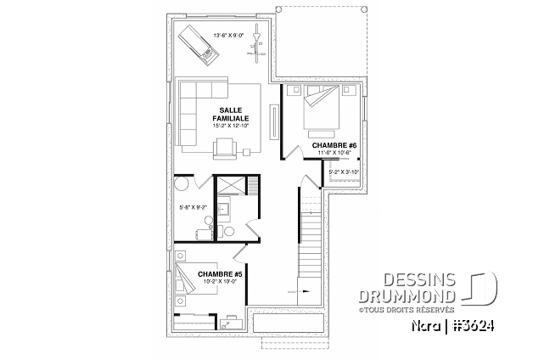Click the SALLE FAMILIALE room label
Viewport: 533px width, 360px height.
pos(227,115)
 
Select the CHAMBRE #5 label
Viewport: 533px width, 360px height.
pos(220,273)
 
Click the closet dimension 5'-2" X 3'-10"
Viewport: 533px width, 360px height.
pos(343,172)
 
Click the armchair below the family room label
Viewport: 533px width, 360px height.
pos(226,146)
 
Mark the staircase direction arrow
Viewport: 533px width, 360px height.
pos(304,290)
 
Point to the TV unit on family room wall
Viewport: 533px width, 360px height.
pos(273,121)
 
